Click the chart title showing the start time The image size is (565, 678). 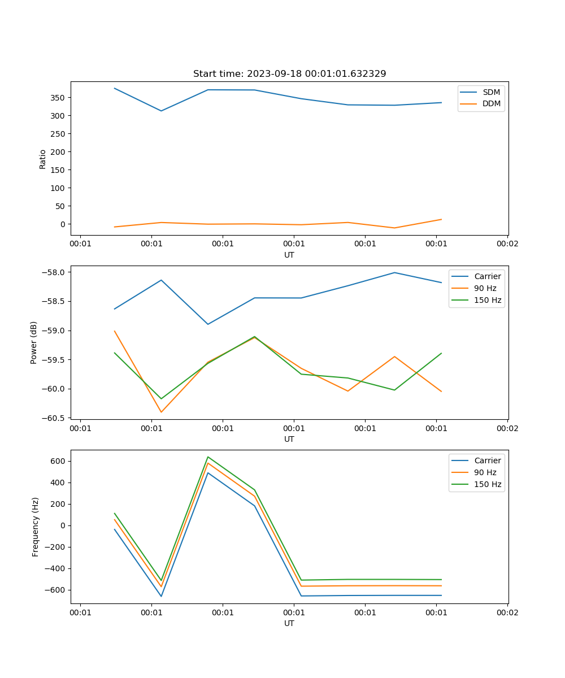[x=289, y=74]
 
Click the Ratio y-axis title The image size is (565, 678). [x=43, y=159]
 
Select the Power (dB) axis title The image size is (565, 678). [x=34, y=342]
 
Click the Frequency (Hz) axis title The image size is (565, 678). [x=35, y=527]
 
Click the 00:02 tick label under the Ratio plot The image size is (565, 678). [x=507, y=244]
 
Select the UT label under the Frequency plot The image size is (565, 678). [x=289, y=623]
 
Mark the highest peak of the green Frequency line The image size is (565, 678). [x=208, y=457]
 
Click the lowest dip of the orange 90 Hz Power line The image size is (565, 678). [x=161, y=412]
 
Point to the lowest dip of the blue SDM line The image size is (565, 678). [x=161, y=111]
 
